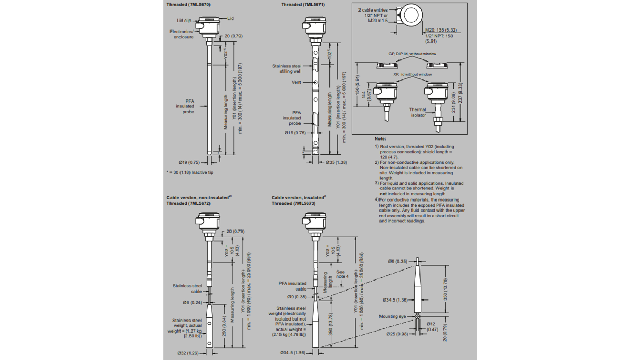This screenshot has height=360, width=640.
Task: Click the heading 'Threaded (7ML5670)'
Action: click(188, 5)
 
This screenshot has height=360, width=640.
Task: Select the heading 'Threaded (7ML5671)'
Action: click(303, 5)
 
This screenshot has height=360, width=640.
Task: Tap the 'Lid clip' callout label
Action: click(184, 21)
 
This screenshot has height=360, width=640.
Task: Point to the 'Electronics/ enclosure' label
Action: click(182, 34)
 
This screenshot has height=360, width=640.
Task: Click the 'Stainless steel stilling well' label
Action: click(287, 68)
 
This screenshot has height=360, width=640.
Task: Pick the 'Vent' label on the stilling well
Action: click(296, 82)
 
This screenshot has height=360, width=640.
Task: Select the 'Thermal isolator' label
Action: click(418, 113)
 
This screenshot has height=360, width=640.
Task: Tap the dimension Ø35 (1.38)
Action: click(336, 162)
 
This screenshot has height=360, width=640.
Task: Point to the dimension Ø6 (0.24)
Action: click(192, 302)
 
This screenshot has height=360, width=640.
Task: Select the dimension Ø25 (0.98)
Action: click(397, 334)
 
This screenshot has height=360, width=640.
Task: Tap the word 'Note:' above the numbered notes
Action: click(380, 139)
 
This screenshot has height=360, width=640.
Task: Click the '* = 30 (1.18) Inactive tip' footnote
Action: click(190, 172)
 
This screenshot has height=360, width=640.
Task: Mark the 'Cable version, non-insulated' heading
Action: click(198, 197)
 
